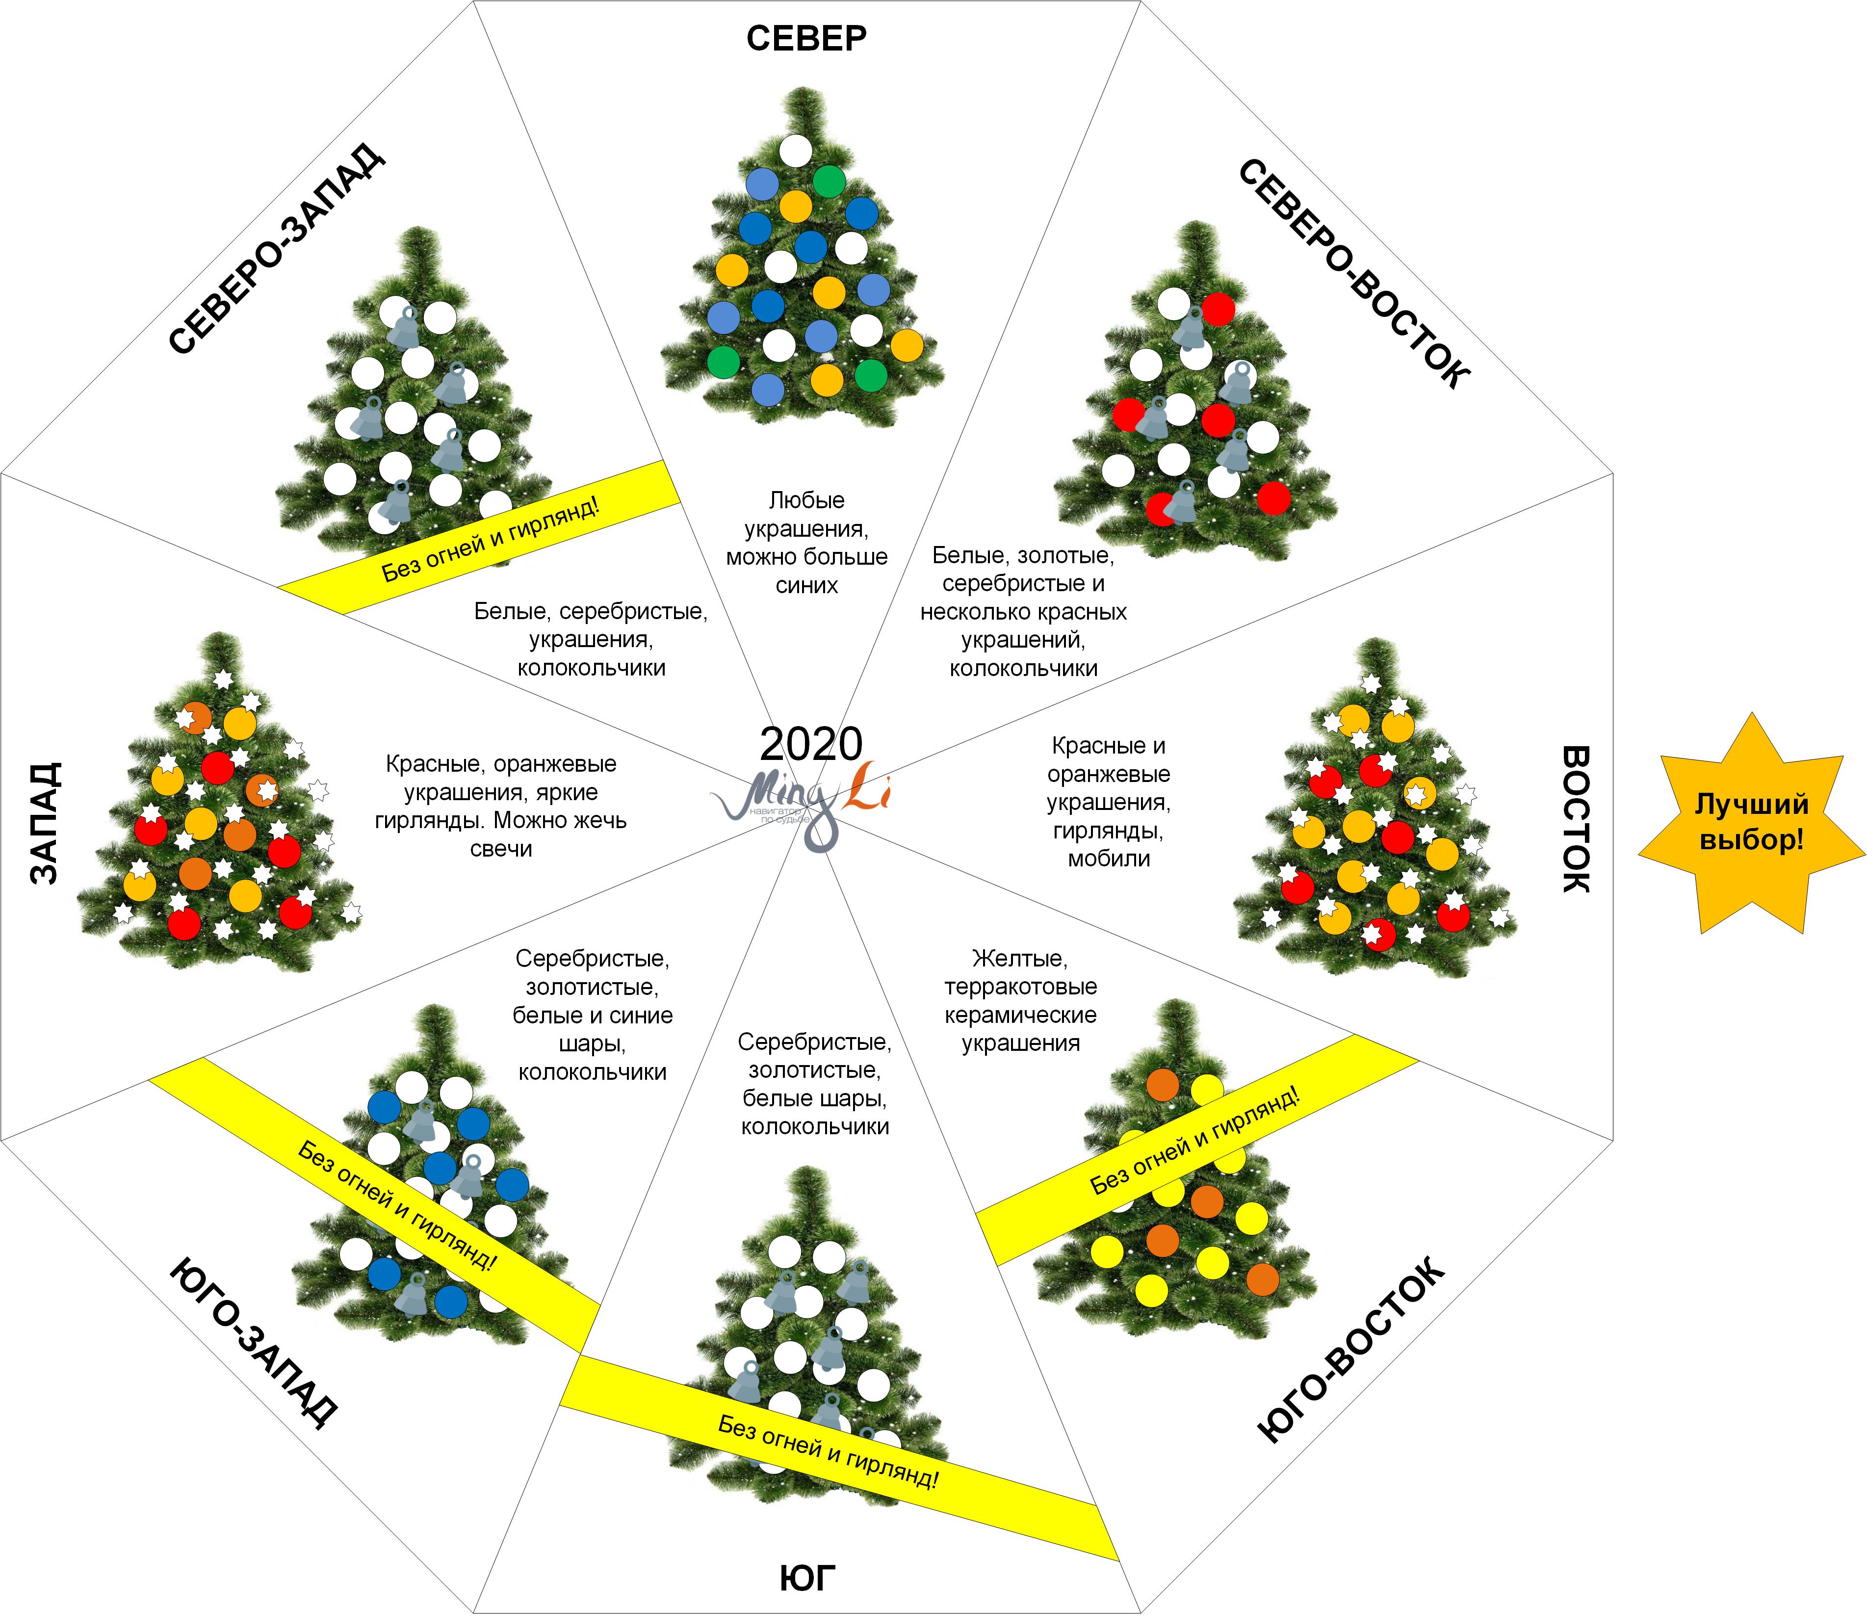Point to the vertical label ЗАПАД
[45, 822]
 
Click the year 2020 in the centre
[810, 745]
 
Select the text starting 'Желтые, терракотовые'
[1020, 1000]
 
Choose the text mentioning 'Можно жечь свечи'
[501, 806]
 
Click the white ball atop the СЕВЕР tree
[795, 151]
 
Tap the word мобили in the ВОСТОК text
[1109, 859]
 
